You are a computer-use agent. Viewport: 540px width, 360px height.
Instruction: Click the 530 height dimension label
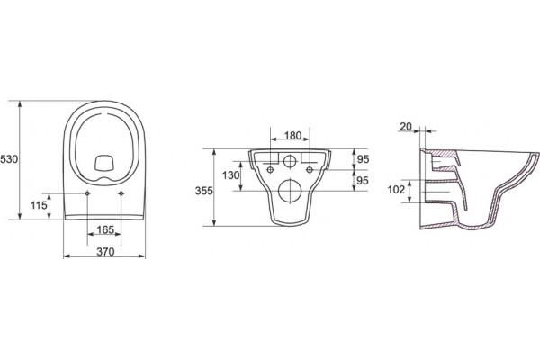(9, 159)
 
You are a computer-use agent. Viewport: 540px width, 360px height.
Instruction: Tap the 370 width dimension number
(105, 252)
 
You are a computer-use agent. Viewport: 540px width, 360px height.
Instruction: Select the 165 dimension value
(105, 229)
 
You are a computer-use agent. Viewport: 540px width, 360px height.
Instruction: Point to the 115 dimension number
(39, 206)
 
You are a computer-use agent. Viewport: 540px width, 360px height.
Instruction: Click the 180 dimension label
(293, 136)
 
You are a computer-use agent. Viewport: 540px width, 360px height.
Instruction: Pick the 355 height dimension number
(204, 191)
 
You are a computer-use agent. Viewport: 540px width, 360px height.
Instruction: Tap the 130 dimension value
(230, 175)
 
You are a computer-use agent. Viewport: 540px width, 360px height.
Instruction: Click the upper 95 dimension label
(363, 159)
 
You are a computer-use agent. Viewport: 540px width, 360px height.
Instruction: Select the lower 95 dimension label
(363, 181)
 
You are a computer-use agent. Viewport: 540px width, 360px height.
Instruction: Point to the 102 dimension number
(396, 190)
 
